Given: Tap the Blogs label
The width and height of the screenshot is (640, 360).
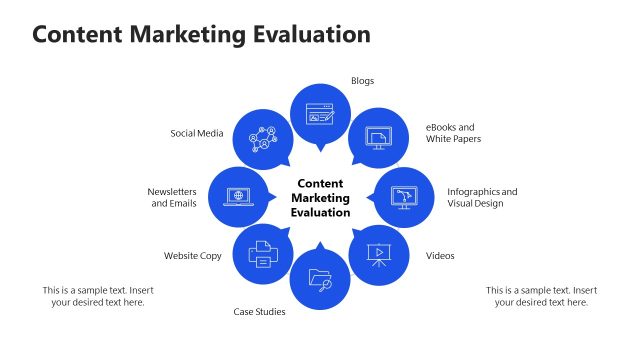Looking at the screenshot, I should [x=362, y=81].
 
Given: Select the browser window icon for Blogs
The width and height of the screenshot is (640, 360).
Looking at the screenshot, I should [x=320, y=113].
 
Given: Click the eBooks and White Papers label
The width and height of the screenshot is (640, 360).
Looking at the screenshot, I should [x=453, y=133].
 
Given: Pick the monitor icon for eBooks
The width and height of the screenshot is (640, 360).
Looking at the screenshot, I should [x=377, y=137].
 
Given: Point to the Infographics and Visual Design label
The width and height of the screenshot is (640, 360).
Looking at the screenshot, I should [x=482, y=197].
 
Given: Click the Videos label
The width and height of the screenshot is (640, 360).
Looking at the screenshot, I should [x=440, y=256].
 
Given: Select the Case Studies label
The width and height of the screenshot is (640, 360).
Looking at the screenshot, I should [x=260, y=312].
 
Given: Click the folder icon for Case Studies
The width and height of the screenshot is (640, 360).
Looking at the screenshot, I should [x=320, y=279].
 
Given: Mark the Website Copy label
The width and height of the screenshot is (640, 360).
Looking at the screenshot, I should [x=193, y=256].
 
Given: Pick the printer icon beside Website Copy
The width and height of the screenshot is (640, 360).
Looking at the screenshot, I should [x=262, y=254].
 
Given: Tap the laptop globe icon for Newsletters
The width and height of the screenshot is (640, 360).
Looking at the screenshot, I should [x=238, y=197].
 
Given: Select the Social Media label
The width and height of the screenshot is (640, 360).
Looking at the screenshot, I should [x=196, y=133].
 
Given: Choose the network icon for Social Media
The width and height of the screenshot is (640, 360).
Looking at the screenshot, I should [x=262, y=138].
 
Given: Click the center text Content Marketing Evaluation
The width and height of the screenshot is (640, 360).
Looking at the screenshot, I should [x=321, y=198].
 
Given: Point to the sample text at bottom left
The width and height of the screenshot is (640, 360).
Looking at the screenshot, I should [x=98, y=296].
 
